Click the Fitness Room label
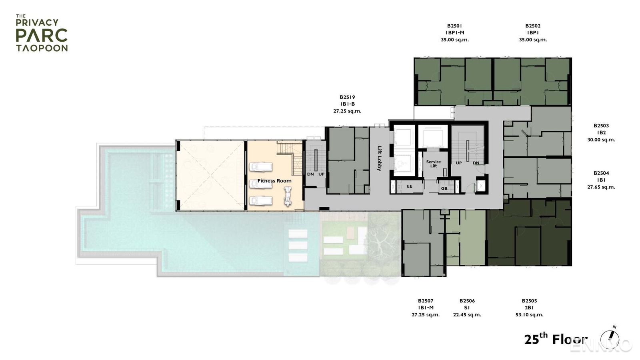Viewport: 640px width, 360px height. (x=274, y=181)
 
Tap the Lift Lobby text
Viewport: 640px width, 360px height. (x=380, y=158)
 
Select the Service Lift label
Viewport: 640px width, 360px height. (x=433, y=164)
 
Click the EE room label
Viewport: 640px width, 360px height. (x=410, y=186)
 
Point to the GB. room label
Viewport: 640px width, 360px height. (x=444, y=188)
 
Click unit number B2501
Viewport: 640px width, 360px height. (x=455, y=26)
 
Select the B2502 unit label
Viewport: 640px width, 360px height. (x=533, y=26)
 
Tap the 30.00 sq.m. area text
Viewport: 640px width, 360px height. (x=601, y=140)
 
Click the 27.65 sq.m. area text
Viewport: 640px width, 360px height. (x=601, y=187)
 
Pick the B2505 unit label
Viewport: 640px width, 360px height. (x=529, y=301)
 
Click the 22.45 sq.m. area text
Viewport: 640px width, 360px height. (x=467, y=315)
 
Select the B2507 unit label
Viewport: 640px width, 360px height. (x=426, y=301)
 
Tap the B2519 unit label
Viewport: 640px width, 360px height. (x=347, y=97)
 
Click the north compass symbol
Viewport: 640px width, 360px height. (x=610, y=337)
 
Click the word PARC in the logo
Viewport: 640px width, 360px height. (x=42, y=36)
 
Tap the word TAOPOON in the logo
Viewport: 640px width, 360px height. (x=42, y=48)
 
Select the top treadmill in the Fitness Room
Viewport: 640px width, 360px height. (x=261, y=166)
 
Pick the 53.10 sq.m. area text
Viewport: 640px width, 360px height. (x=529, y=315)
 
